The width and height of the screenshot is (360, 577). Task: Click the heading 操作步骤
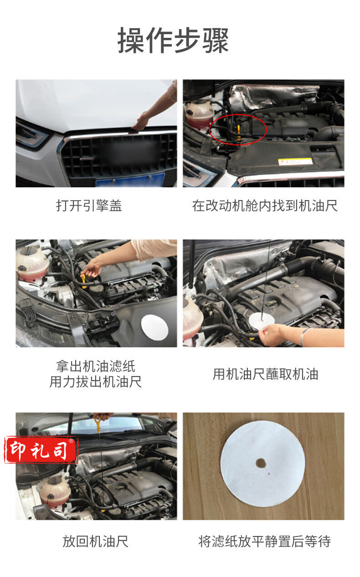click(x=173, y=41)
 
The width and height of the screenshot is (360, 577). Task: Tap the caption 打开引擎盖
click(x=89, y=206)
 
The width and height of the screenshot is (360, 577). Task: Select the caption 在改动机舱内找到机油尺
click(x=265, y=206)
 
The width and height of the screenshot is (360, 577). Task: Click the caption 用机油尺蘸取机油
click(x=265, y=374)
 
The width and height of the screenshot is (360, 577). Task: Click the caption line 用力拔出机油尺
click(x=96, y=382)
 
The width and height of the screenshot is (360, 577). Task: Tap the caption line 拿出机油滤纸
click(x=96, y=366)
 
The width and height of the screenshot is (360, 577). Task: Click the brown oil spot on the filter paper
click(x=261, y=463)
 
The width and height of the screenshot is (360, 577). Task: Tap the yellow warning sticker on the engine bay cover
click(x=295, y=161)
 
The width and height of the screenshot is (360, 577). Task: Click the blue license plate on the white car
click(x=130, y=180)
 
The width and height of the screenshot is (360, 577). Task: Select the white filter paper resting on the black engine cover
click(x=155, y=327)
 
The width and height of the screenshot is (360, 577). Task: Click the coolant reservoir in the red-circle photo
click(x=198, y=113)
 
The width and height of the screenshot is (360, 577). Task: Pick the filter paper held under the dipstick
click(x=262, y=321)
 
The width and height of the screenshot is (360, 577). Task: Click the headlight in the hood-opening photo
click(x=32, y=135)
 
